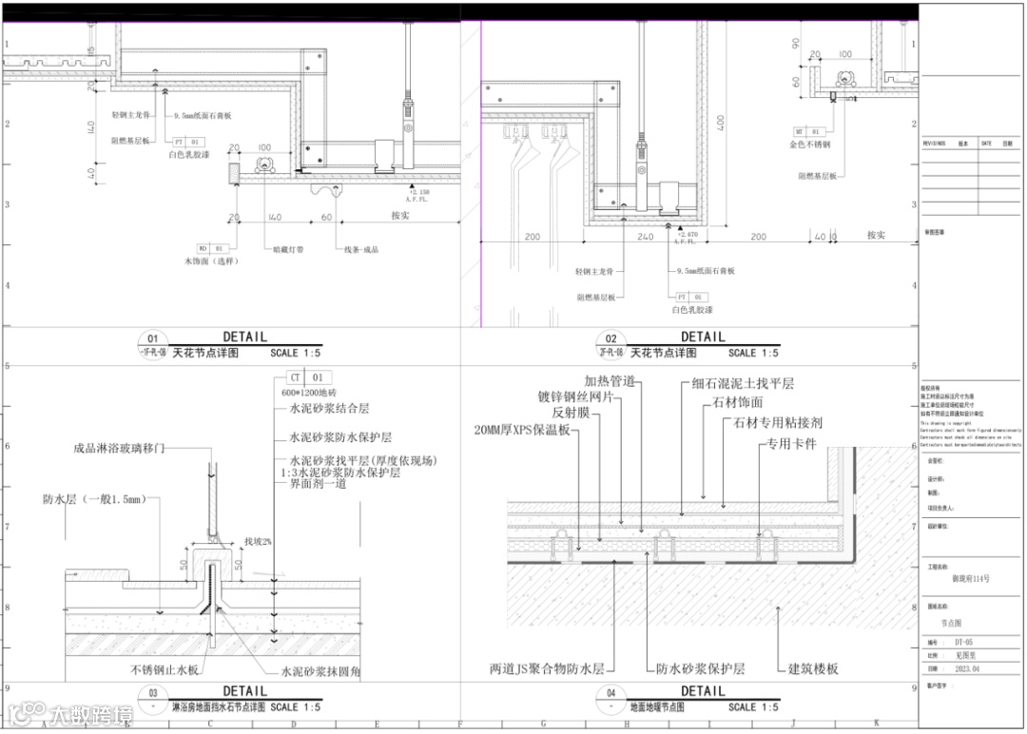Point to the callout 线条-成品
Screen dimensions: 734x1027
361,250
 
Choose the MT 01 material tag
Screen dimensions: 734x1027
807,131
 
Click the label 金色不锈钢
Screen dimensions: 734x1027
810,145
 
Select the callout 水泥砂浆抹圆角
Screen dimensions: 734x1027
320,671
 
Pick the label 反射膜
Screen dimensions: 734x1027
572,413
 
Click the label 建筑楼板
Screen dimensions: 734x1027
814,668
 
